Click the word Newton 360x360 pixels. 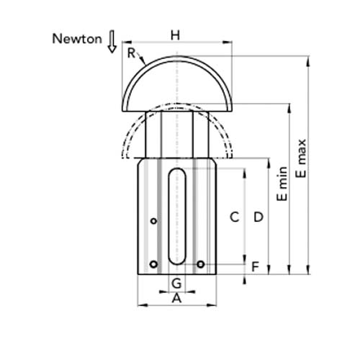[77, 39]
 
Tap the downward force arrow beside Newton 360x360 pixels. [112, 41]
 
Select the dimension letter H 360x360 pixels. [175, 35]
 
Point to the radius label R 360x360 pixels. [131, 53]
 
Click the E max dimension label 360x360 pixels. [301, 158]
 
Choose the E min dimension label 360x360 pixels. [282, 184]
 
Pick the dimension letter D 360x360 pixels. [258, 217]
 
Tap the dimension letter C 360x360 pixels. [234, 217]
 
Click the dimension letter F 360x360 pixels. [256, 266]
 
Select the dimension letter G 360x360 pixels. [176, 283]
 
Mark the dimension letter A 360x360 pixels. [176, 298]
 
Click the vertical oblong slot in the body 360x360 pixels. [177, 216]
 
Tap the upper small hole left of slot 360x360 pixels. [154, 221]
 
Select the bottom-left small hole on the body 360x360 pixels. [153, 264]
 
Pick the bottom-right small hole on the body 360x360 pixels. [201, 264]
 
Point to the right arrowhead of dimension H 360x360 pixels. [228, 42]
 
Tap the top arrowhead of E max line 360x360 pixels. [309, 60]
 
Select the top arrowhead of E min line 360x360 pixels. [289, 108]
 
